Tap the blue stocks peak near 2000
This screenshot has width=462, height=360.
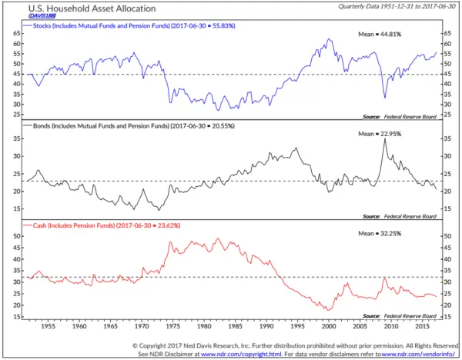coord(329,40)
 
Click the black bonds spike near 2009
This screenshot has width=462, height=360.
coord(383,139)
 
